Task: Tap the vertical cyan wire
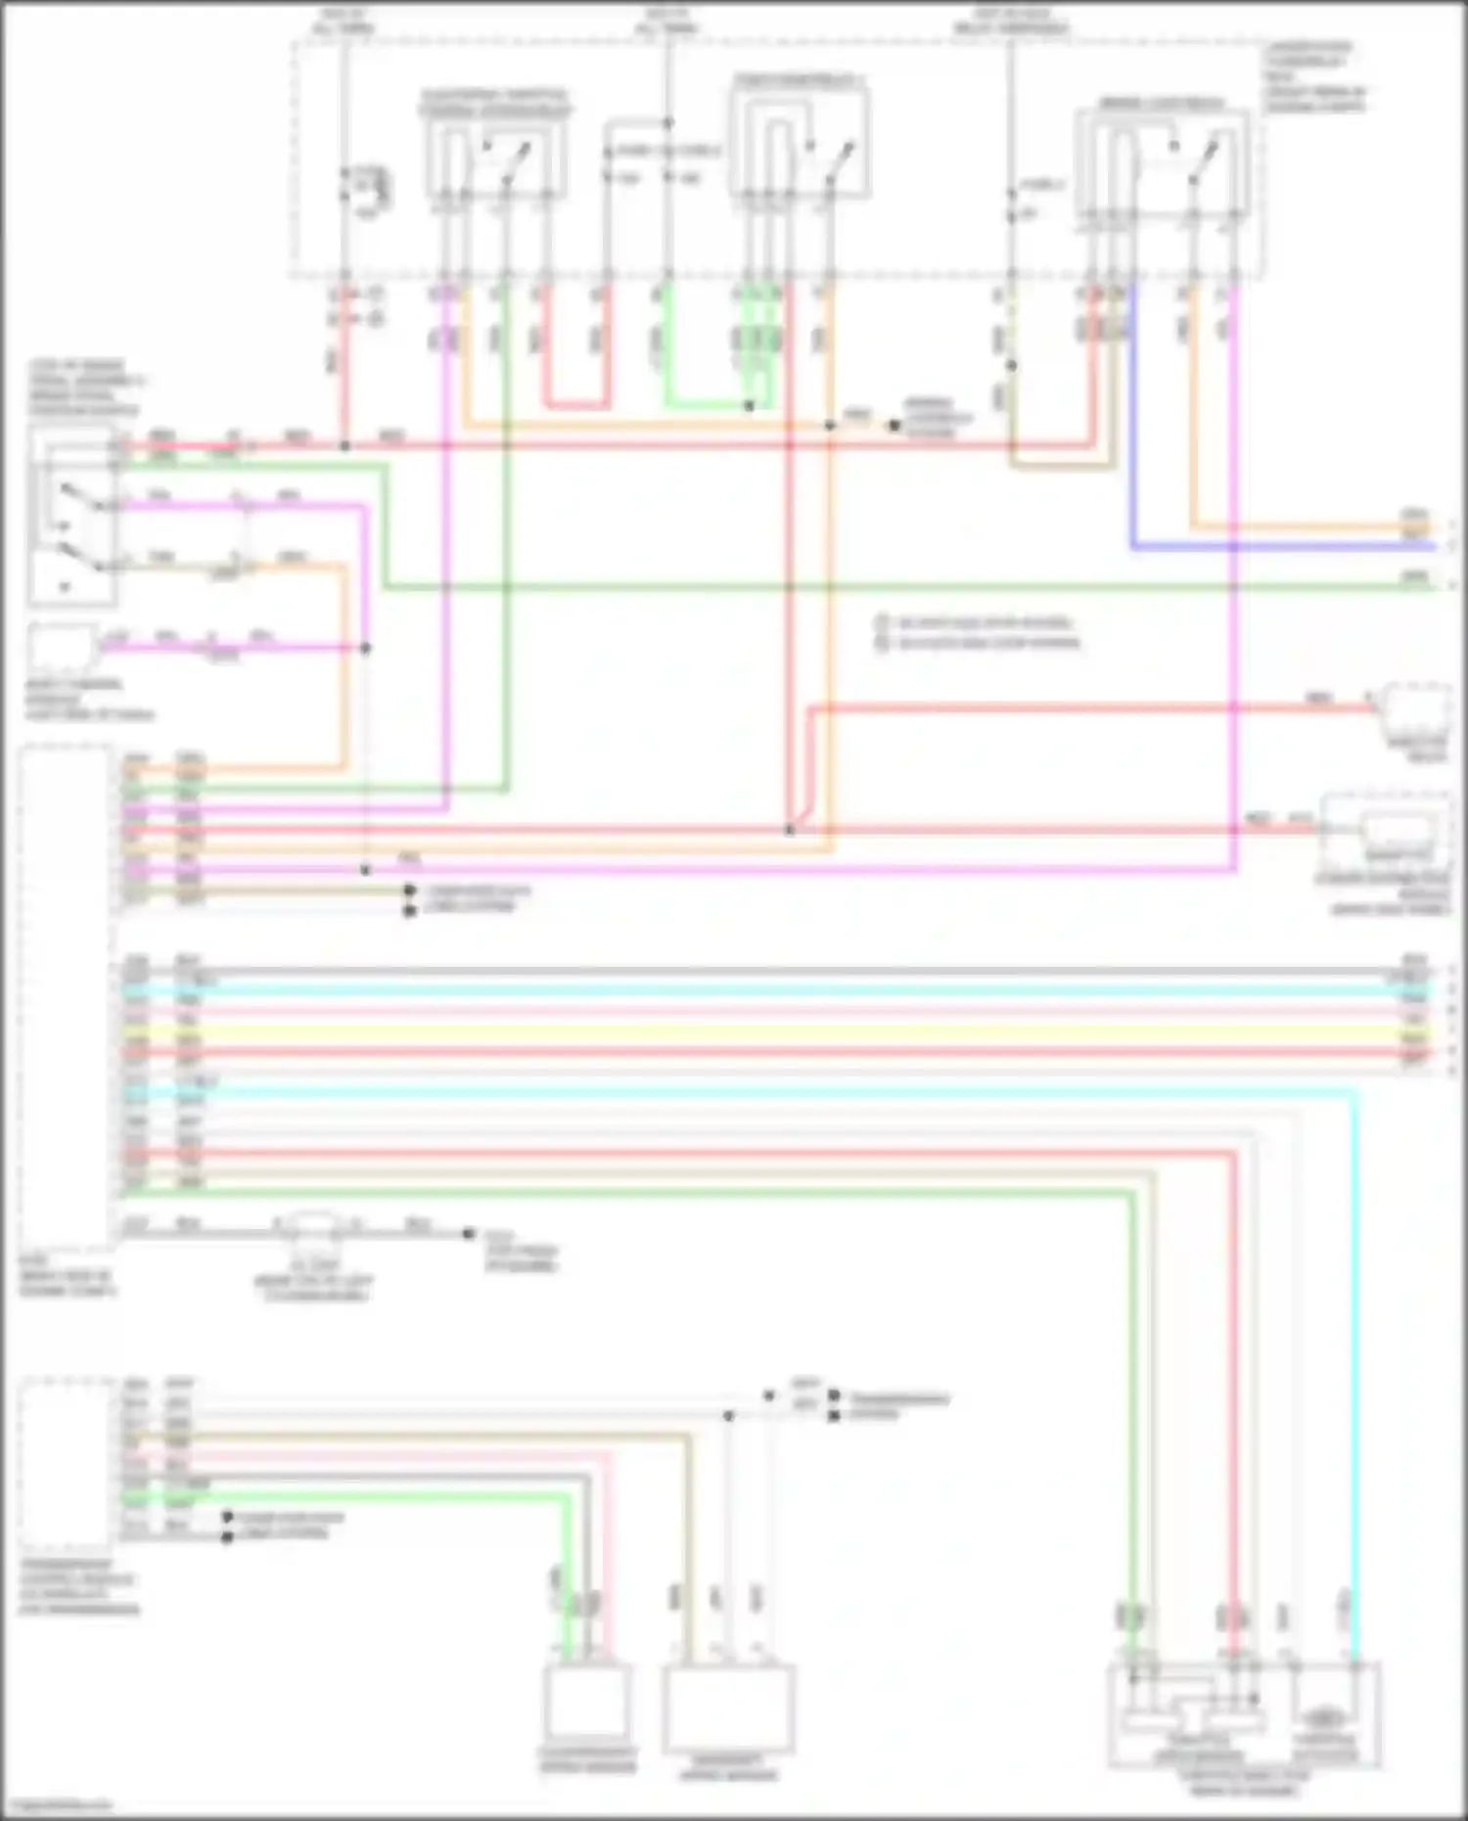1355,1370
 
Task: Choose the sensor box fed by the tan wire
728,1707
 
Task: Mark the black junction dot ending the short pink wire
365,648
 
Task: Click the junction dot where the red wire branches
790,831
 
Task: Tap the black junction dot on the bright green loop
750,405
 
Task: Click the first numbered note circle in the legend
881,622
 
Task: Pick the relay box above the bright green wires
798,137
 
